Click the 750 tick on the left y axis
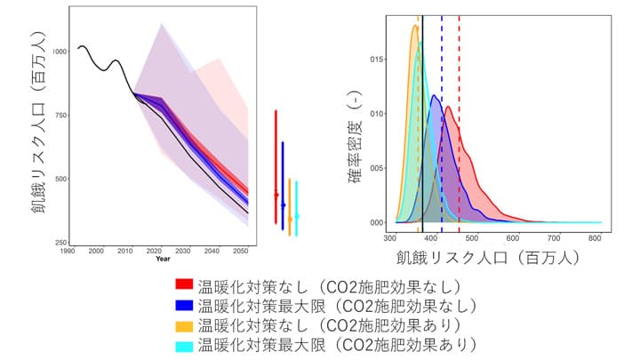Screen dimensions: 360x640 pyautogui.click(x=60, y=116)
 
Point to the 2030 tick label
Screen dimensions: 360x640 pyautogui.click(x=183, y=252)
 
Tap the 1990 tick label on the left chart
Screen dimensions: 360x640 pyautogui.click(x=68, y=252)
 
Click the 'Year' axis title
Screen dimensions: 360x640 pyautogui.click(x=163, y=260)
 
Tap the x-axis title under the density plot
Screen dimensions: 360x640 pyautogui.click(x=494, y=259)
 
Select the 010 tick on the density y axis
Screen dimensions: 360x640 pyautogui.click(x=377, y=114)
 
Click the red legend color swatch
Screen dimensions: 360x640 pyautogui.click(x=184, y=285)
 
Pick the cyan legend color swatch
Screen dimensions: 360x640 pyautogui.click(x=184, y=344)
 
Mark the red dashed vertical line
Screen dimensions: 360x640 pyautogui.click(x=459, y=133)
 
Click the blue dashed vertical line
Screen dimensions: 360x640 pyautogui.click(x=442, y=133)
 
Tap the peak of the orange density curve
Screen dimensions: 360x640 pyautogui.click(x=415, y=26)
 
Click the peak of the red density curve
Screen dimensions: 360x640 pyautogui.click(x=449, y=108)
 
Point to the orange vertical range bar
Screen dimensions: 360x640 pyautogui.click(x=289, y=204)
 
